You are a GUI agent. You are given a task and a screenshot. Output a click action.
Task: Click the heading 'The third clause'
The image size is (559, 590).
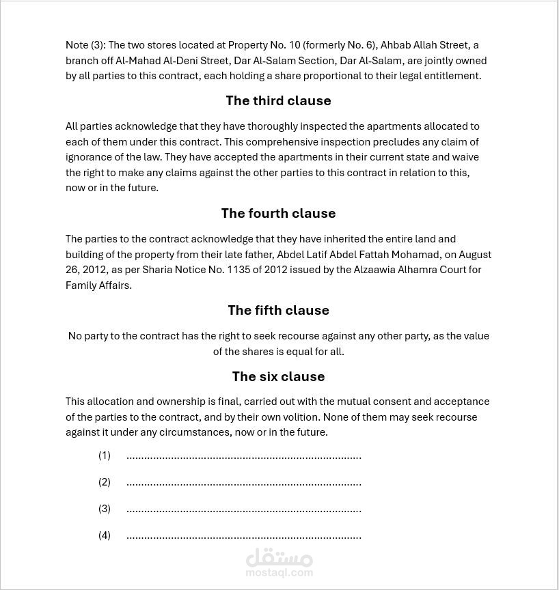coord(278,100)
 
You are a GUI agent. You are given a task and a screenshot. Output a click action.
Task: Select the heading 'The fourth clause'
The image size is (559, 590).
coord(278,213)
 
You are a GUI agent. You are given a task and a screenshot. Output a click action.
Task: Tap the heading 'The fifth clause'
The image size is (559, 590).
coord(278,310)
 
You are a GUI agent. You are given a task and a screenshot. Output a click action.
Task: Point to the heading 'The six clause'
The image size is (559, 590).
coord(278,376)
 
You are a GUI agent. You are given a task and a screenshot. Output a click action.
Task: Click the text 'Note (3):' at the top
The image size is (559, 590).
coord(85,45)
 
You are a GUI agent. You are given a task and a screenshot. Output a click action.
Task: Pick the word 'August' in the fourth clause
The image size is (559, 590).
coord(475,254)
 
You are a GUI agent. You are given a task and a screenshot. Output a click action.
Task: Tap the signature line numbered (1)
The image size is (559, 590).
coord(243,455)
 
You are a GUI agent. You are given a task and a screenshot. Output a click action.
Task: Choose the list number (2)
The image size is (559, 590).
coord(105,482)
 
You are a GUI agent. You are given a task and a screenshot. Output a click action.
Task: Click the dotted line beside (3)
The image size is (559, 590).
coord(243,509)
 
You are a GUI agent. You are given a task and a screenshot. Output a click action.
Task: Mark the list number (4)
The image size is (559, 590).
coord(105,535)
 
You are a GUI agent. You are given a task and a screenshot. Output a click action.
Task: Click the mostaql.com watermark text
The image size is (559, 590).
coord(279,573)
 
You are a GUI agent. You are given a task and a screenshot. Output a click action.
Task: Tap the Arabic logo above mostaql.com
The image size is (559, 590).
coord(279,559)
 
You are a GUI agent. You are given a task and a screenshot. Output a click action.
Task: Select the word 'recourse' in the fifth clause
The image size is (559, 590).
coord(257,336)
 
